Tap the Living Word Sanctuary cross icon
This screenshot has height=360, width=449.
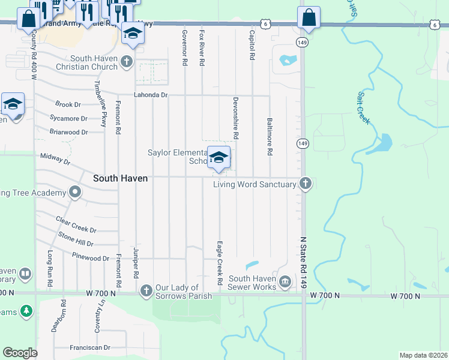coord(306,184)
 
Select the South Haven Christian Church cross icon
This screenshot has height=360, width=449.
coord(126,61)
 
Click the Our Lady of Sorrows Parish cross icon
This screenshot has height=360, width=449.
coord(146,291)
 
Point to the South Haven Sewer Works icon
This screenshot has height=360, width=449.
coord(285,281)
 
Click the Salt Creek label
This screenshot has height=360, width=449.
coord(364,108)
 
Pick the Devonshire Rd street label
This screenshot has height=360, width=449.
coord(236,118)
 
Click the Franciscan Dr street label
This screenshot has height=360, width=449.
coord(90,347)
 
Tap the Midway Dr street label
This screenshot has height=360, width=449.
coord(55,159)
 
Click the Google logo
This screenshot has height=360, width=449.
coord(20,353)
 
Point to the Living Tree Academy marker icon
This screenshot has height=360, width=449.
coord(75,193)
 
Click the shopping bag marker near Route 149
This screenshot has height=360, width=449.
coord(309,19)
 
